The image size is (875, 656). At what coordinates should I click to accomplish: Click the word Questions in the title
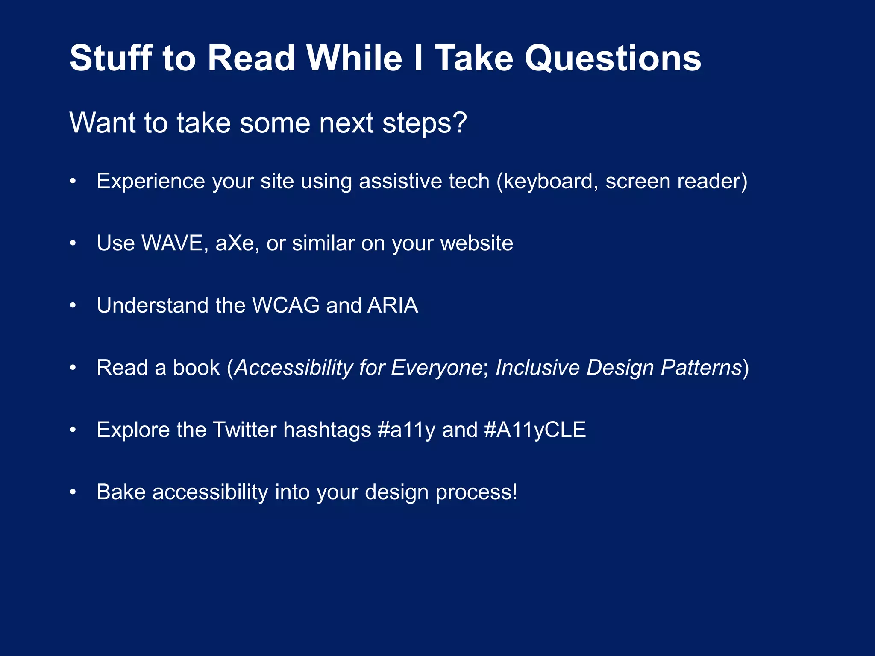coord(613,59)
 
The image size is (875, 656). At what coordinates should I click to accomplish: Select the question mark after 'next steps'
coord(460,123)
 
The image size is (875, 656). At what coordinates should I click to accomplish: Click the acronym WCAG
coord(286,305)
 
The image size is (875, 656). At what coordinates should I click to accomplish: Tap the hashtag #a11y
coord(406,430)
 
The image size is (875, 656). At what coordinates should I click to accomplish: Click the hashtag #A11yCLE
coord(535,430)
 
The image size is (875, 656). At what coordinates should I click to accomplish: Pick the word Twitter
coord(244,430)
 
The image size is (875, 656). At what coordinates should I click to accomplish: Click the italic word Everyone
coord(437,368)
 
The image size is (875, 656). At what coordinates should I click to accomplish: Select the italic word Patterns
coord(701,368)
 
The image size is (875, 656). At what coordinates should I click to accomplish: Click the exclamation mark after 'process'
coord(515,492)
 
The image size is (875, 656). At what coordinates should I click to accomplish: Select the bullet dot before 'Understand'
coord(73,306)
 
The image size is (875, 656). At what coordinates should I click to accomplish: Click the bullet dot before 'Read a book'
coord(73,368)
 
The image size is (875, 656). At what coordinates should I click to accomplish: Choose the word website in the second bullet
coord(476,243)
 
